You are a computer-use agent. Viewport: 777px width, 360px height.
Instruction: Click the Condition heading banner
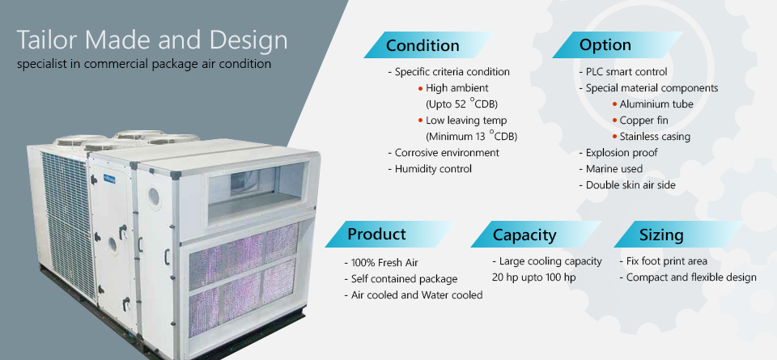pyautogui.click(x=429, y=45)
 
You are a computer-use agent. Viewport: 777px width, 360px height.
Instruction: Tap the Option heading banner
pyautogui.click(x=618, y=45)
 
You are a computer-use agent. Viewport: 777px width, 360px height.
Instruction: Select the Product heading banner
pyautogui.click(x=390, y=235)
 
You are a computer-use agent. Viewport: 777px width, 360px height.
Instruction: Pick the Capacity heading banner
pyautogui.click(x=536, y=235)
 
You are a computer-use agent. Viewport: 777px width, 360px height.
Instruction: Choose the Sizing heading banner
pyautogui.click(x=679, y=235)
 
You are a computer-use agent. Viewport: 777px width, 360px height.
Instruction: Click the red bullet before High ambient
pyautogui.click(x=420, y=89)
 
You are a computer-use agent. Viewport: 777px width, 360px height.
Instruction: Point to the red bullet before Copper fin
pyautogui.click(x=614, y=121)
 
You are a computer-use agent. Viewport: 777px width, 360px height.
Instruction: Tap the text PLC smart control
pyautogui.click(x=626, y=72)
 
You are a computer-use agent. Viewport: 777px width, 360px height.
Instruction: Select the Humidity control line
pyautogui.click(x=430, y=169)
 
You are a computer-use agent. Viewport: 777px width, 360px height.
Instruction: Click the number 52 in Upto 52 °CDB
pyautogui.click(x=461, y=104)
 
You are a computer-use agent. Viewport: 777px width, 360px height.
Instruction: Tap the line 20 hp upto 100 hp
pyautogui.click(x=533, y=277)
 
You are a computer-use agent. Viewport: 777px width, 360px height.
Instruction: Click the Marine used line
pyautogui.click(x=611, y=169)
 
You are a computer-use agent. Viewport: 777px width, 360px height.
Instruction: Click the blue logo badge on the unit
pyautogui.click(x=108, y=179)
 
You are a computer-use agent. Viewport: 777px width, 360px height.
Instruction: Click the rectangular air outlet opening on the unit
pyautogui.click(x=257, y=191)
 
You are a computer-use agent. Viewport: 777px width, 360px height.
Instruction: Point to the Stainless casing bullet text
pyautogui.click(x=655, y=137)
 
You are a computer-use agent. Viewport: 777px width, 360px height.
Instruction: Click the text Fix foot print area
pyautogui.click(x=664, y=261)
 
